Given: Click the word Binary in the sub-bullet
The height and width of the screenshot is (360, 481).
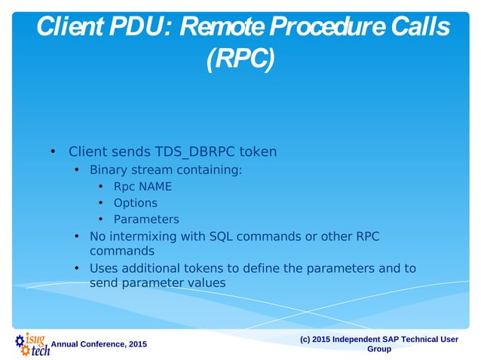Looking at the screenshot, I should [109, 170].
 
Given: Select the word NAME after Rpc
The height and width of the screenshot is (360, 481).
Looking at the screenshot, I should [154, 187].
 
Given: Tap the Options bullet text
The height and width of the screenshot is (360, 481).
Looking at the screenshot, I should [136, 203].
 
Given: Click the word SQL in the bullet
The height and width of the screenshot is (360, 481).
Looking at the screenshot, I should [230, 236].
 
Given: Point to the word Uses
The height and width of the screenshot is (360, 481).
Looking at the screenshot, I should [104, 269].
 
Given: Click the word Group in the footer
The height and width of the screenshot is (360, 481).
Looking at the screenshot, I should [378, 349].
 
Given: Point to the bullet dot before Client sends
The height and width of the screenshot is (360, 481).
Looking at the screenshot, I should [52, 152].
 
